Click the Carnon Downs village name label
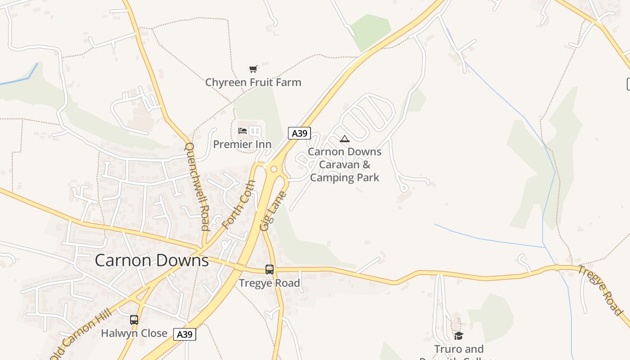tap(152, 261)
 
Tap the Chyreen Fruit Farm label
tap(253, 82)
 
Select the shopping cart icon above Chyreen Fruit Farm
tap(253, 69)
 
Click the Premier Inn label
tap(242, 144)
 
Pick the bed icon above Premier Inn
tap(243, 131)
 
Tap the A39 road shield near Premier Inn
tap(299, 133)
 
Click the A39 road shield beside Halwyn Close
tap(184, 334)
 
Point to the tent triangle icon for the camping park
tap(345, 139)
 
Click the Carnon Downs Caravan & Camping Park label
tap(345, 164)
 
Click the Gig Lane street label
tap(273, 211)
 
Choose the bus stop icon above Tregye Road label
tap(269, 270)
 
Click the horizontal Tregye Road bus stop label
tap(269, 283)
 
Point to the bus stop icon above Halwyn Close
tap(134, 320)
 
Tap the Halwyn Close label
tap(134, 333)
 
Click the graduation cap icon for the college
tap(459, 336)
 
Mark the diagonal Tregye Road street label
tap(600, 290)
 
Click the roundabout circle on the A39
tap(273, 169)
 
